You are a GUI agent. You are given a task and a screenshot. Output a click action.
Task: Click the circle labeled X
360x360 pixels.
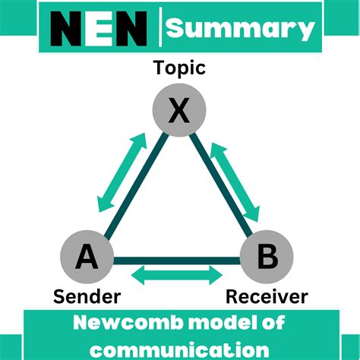click(178, 112)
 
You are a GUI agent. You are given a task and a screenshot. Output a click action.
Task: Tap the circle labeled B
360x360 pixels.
click(267, 257)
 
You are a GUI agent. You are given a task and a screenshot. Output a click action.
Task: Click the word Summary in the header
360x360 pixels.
click(240, 29)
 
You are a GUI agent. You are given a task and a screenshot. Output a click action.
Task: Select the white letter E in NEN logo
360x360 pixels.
click(105, 30)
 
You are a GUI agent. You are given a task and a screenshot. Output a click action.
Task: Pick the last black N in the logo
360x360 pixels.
click(137, 30)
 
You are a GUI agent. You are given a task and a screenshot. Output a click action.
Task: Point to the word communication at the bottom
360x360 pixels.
click(180, 349)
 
